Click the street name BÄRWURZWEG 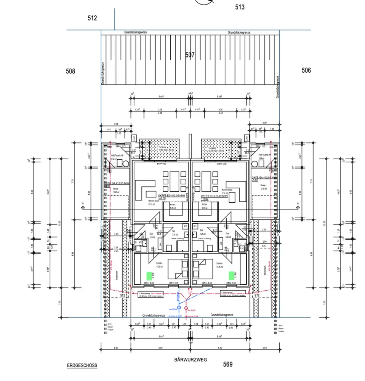(190, 359)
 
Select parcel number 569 (227, 364)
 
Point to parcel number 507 (190, 55)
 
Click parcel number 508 (70, 71)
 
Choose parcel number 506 (306, 70)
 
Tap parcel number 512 (92, 18)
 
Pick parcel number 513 (240, 7)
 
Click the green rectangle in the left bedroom (149, 275)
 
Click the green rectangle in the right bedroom (231, 275)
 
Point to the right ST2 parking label (256, 295)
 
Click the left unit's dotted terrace (159, 149)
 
